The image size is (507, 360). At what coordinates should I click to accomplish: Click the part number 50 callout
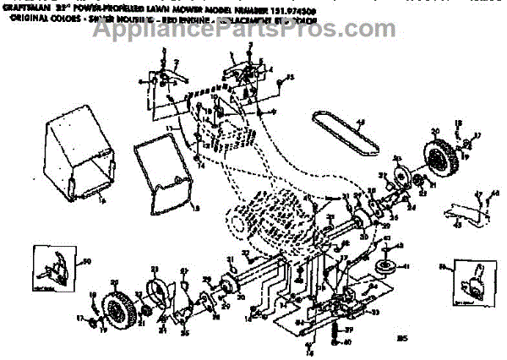coord(85,262)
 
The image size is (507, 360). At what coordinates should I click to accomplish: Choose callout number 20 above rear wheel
coord(437,131)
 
